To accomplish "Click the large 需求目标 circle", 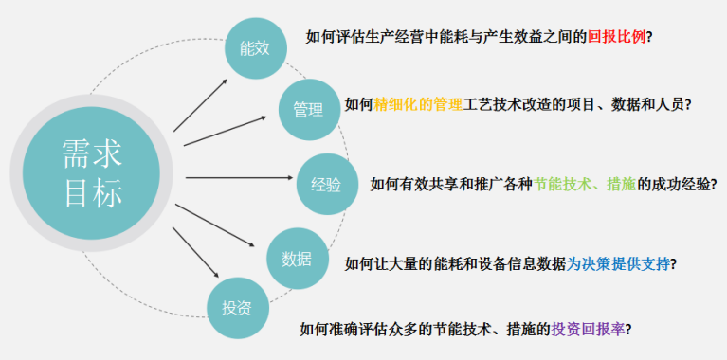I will [x=92, y=177].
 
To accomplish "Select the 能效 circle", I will [x=255, y=47].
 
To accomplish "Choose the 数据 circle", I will [x=297, y=258].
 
